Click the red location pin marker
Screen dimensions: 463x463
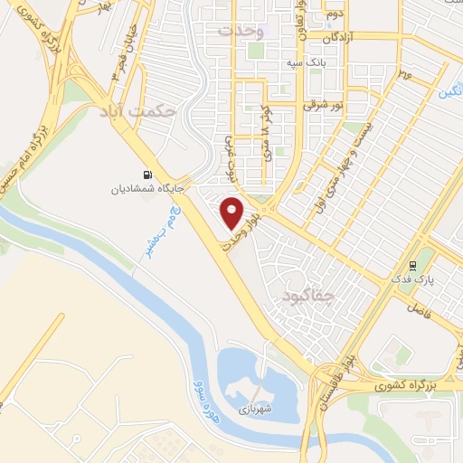pyautogui.click(x=232, y=212)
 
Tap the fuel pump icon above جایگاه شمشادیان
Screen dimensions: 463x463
pyautogui.click(x=146, y=175)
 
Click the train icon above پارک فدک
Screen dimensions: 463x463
pyautogui.click(x=413, y=266)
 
